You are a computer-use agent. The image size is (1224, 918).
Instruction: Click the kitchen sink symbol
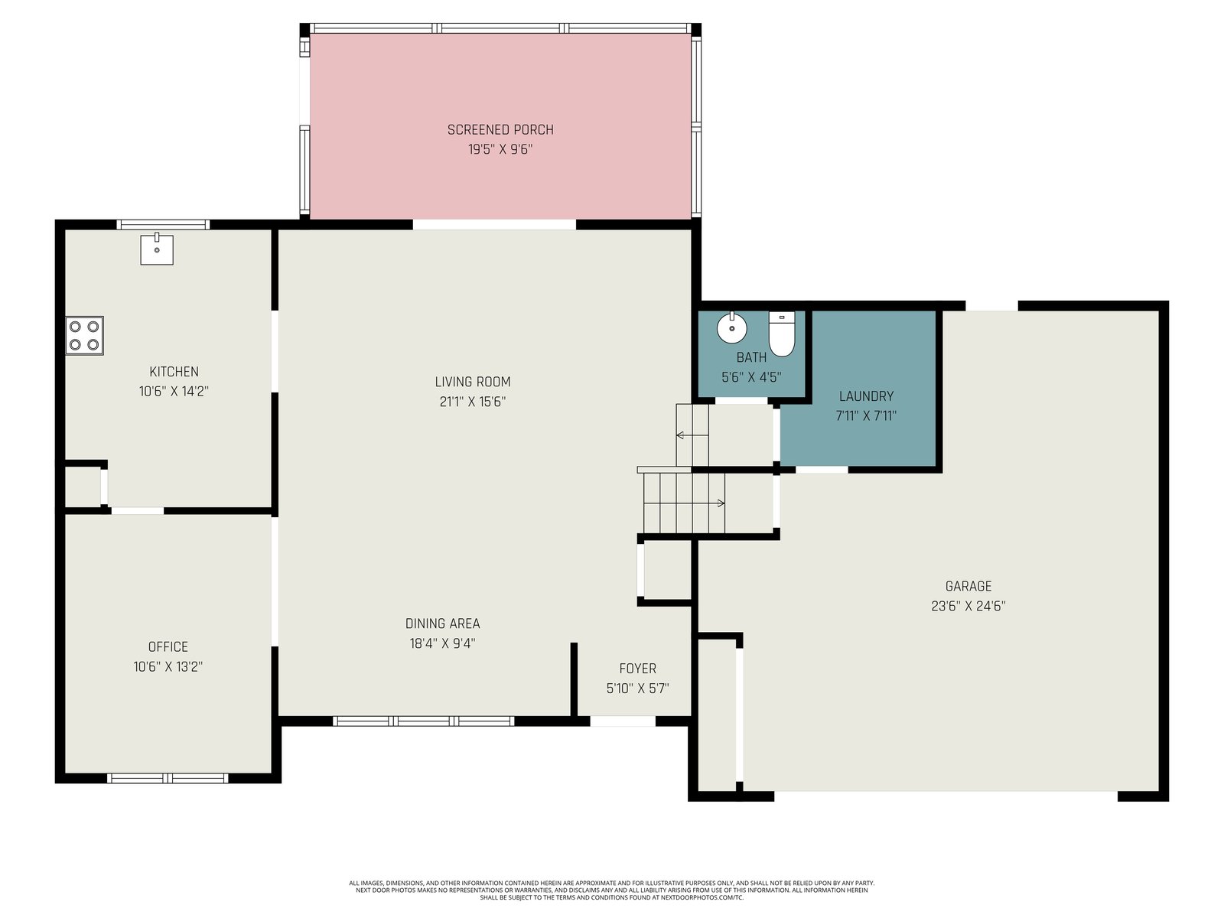pos(157,249)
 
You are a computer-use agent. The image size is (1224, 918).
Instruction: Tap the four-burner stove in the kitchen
pos(85,336)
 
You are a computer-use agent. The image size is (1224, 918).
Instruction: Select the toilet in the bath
pos(782,334)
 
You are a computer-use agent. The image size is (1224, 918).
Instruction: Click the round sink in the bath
pos(731,327)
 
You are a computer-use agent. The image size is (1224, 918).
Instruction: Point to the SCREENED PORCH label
pos(500,130)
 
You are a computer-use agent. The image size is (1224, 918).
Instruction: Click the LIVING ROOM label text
pos(473,382)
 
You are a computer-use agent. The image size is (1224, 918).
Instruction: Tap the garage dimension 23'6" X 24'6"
pos(968,606)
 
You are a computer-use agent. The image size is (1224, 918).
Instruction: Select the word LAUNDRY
pos(866,396)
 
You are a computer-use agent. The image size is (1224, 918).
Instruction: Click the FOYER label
pos(637,669)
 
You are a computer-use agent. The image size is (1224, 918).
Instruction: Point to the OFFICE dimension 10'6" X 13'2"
pos(168,666)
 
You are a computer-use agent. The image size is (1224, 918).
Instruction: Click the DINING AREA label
pos(442,623)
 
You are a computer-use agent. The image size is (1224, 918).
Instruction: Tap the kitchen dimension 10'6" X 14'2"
pos(174,391)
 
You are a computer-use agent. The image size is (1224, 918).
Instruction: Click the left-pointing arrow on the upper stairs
pos(692,435)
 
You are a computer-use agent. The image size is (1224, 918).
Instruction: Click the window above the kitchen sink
pos(163,225)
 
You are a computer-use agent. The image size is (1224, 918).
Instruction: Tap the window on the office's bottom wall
pos(168,778)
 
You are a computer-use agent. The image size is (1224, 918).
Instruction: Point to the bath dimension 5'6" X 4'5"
pos(751,377)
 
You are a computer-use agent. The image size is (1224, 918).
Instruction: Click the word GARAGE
pos(968,586)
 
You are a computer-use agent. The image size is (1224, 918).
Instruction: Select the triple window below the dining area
pos(424,721)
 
